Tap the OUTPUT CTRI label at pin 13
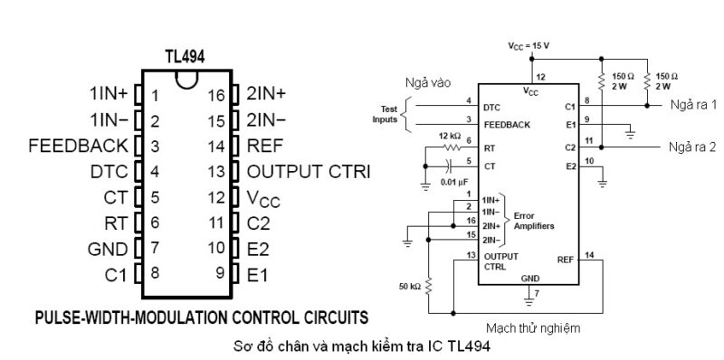[309, 170]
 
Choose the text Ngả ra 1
[693, 105]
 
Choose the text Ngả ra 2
[693, 147]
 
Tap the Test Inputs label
[384, 113]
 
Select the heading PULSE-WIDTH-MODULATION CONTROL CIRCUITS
[201, 317]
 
